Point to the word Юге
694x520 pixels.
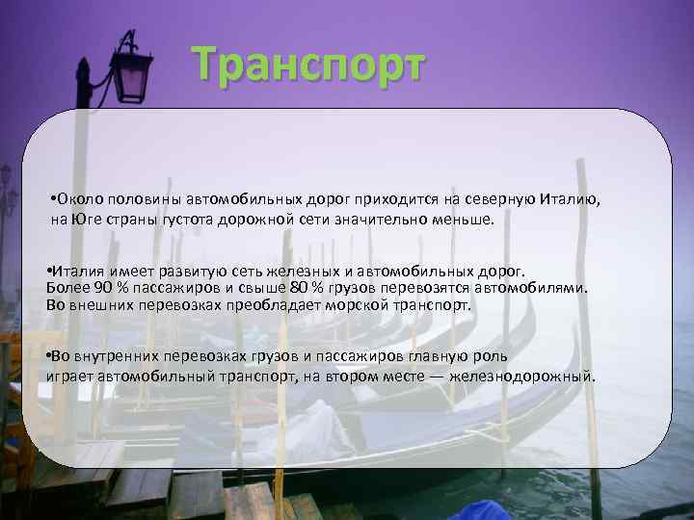[x=88, y=220]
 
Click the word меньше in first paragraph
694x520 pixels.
[x=466, y=220]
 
